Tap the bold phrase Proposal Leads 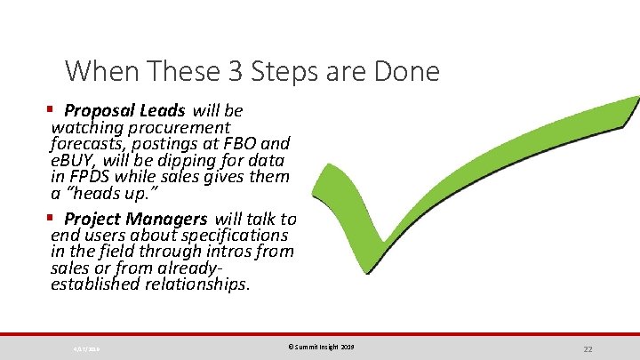pyautogui.click(x=124, y=111)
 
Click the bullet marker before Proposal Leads pyautogui.click(x=51, y=110)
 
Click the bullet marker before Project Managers pyautogui.click(x=51, y=218)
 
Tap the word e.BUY pyautogui.click(x=75, y=160)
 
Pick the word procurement pyautogui.click(x=183, y=127)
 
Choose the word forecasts pyautogui.click(x=89, y=143)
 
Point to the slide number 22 pyautogui.click(x=588, y=348)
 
